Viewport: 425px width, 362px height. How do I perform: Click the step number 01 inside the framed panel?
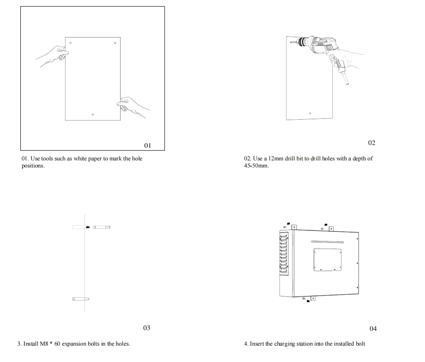[148, 146]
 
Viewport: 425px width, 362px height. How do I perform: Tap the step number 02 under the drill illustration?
[372, 143]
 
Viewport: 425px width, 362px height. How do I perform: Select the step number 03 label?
[147, 328]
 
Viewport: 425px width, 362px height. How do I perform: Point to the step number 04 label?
[373, 329]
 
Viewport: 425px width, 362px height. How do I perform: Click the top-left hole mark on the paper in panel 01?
[70, 43]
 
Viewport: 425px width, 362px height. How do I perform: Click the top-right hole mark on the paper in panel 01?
[115, 43]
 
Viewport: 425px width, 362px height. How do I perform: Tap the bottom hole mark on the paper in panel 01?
[93, 115]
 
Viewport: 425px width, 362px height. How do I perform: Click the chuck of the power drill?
[301, 42]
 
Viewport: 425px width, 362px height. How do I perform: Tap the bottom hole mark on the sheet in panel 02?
[310, 113]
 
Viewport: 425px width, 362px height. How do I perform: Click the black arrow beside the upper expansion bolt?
[88, 227]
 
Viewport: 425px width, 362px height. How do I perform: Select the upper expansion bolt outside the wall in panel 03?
[102, 227]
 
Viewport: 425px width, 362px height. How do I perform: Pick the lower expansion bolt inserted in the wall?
[81, 299]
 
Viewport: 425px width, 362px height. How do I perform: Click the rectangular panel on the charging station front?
[328, 260]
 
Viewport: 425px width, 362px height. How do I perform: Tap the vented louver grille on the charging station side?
[284, 253]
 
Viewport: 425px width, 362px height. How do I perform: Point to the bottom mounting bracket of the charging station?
[313, 298]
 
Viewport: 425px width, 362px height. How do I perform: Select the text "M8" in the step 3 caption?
[44, 344]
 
